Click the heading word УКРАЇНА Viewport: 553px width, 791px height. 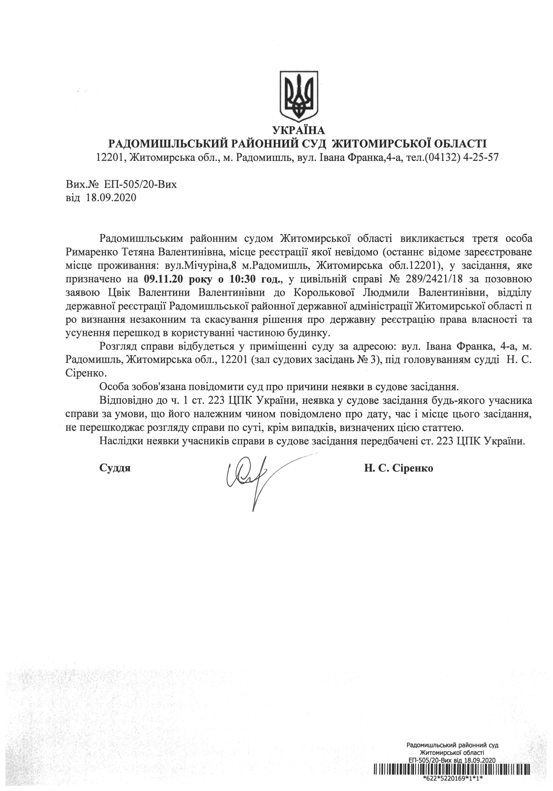298,130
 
